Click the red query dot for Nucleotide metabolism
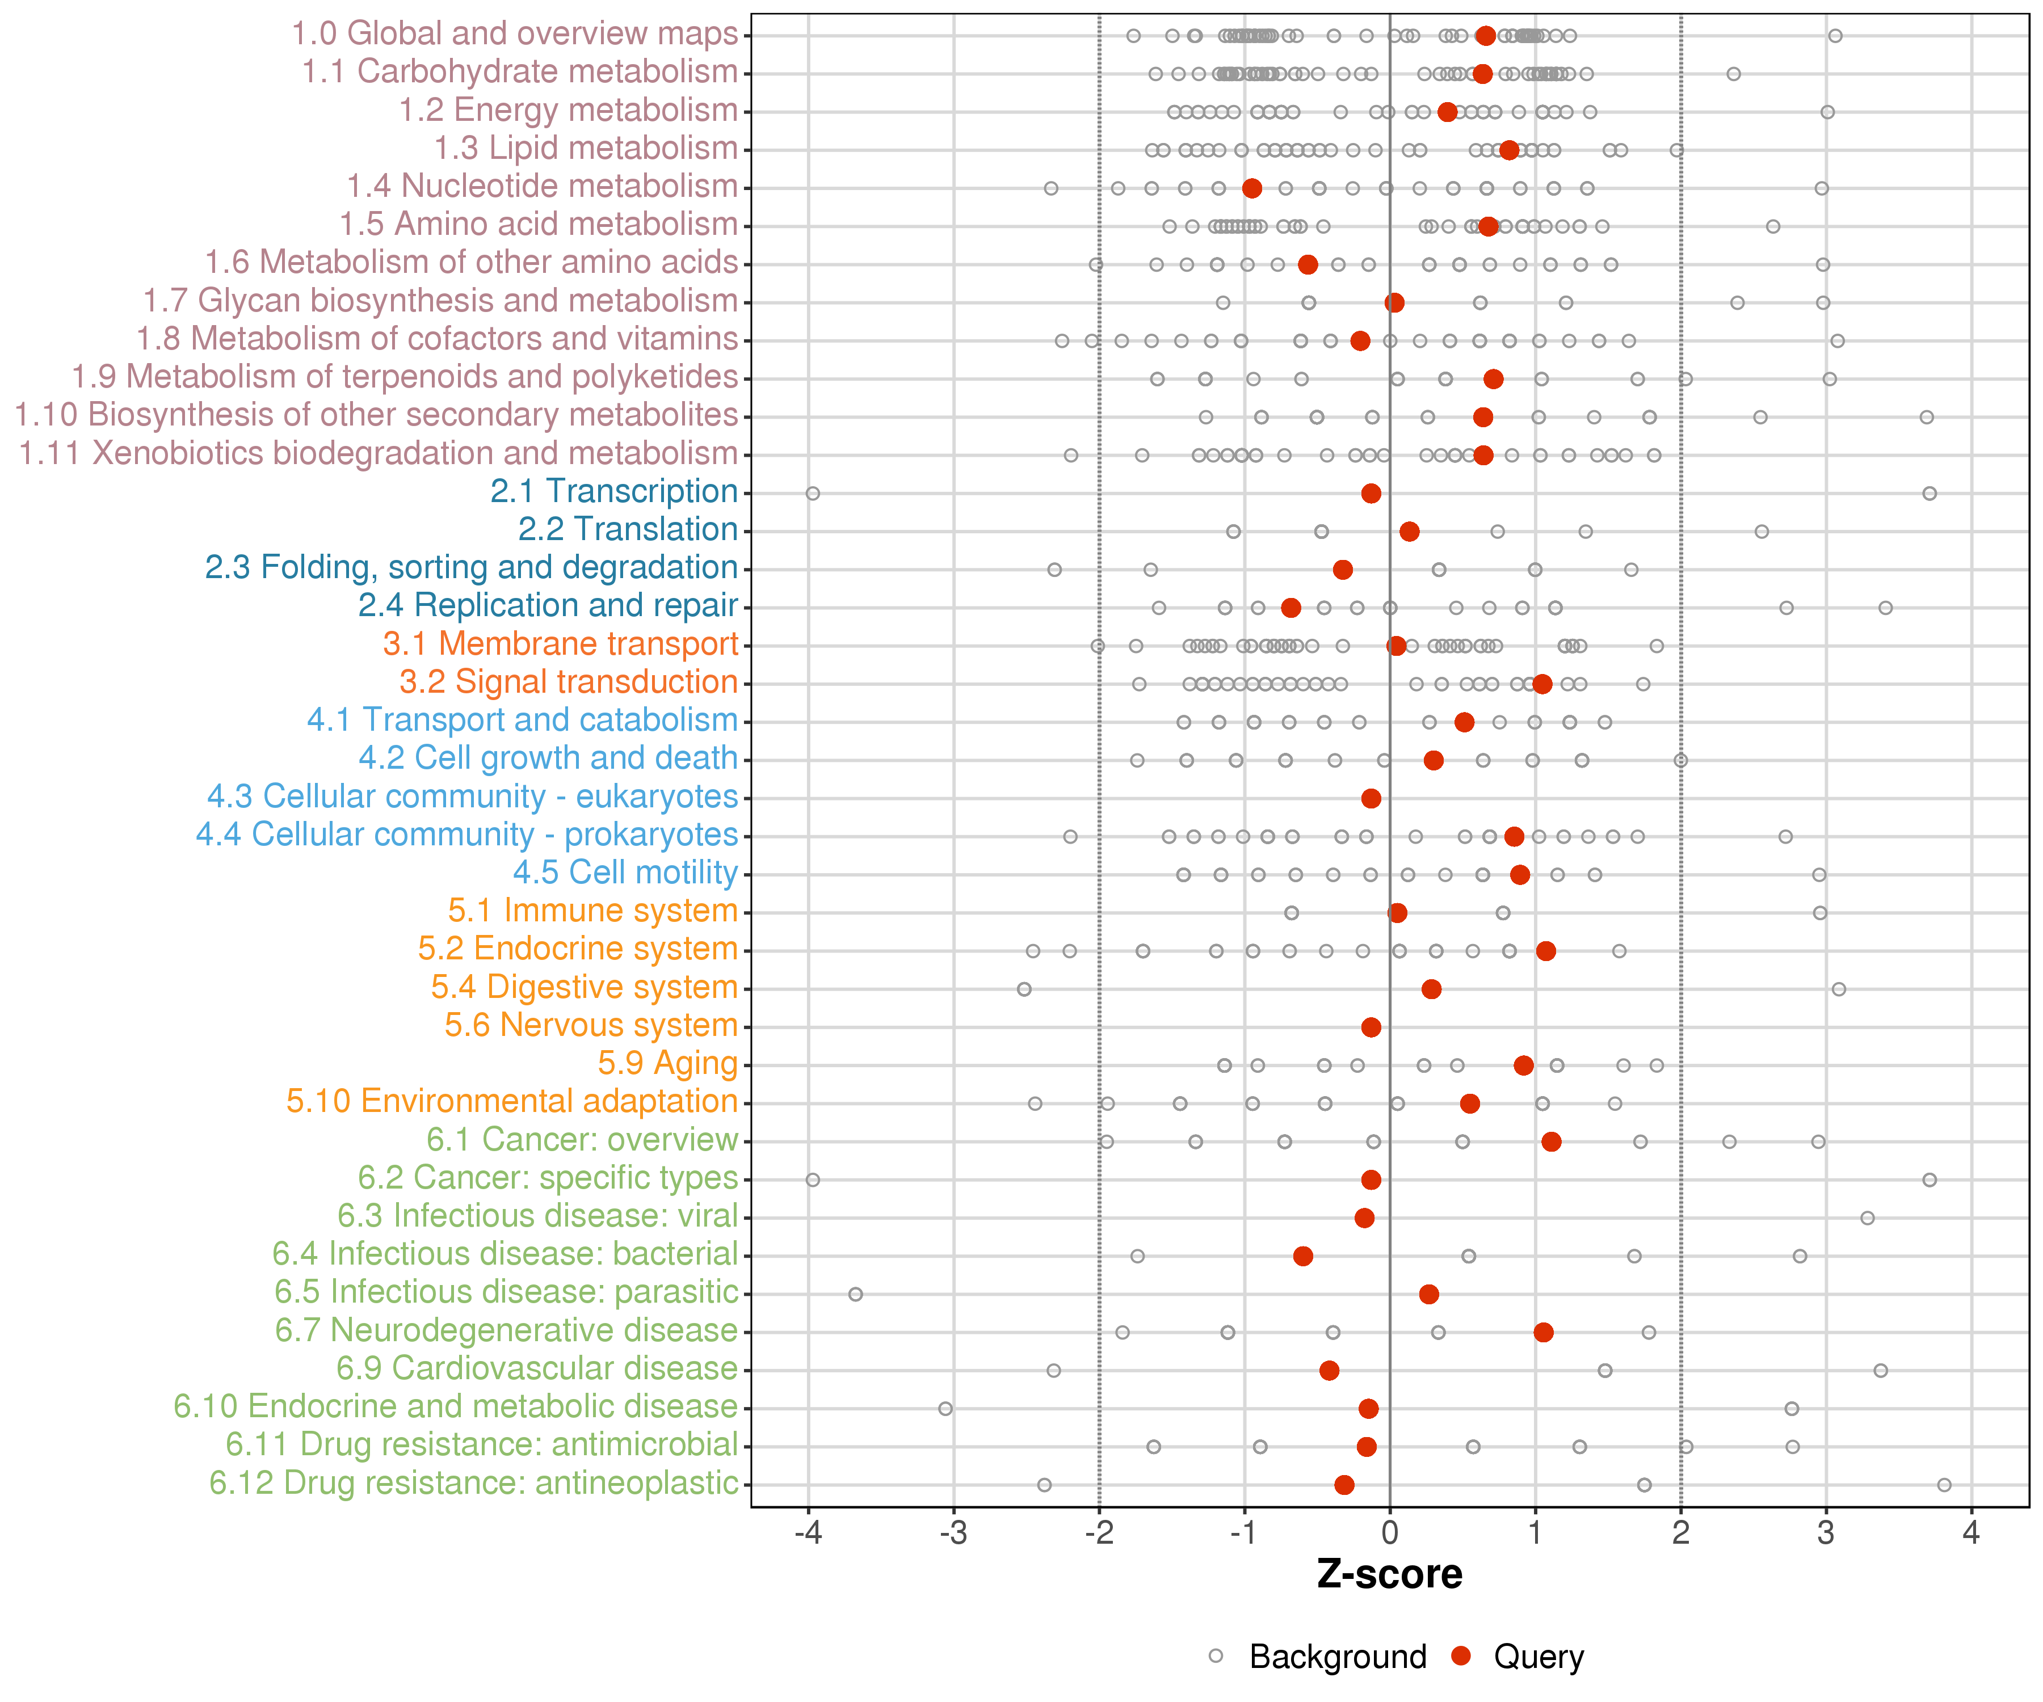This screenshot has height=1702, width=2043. coord(1252,188)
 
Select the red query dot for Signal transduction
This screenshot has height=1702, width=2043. coord(1542,684)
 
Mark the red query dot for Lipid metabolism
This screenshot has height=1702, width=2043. coord(1509,150)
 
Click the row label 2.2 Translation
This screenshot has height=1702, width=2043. coord(628,529)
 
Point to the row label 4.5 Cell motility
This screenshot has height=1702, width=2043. coord(625,873)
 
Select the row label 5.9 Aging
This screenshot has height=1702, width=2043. coord(669,1063)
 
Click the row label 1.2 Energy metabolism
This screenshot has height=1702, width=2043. coord(568,110)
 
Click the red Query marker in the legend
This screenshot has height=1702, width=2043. coord(1460,1655)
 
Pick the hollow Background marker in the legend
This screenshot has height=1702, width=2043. coord(1216,1655)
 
